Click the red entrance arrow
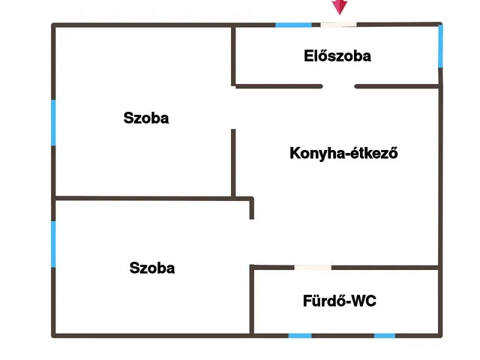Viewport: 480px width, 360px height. pyautogui.click(x=340, y=7)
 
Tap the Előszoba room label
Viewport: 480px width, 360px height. pyautogui.click(x=337, y=55)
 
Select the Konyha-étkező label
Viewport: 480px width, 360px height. pyautogui.click(x=343, y=154)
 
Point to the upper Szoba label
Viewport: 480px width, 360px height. pyautogui.click(x=146, y=118)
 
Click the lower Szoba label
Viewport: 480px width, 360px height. pyautogui.click(x=152, y=268)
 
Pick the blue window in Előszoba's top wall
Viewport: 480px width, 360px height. pyautogui.click(x=293, y=25)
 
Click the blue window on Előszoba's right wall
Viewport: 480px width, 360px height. pyautogui.click(x=440, y=46)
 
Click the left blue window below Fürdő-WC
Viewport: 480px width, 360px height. pyautogui.click(x=300, y=335)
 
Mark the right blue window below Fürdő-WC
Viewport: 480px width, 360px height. pyautogui.click(x=385, y=335)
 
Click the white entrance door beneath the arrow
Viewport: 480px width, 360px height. pyautogui.click(x=339, y=25)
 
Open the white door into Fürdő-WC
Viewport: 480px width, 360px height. pyautogui.click(x=313, y=267)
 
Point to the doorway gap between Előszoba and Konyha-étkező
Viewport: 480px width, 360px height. pyautogui.click(x=338, y=86)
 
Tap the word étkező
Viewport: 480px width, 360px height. pyautogui.click(x=369, y=154)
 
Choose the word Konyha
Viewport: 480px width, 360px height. pyautogui.click(x=311, y=154)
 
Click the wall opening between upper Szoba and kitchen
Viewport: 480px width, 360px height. pyautogui.click(x=233, y=108)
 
